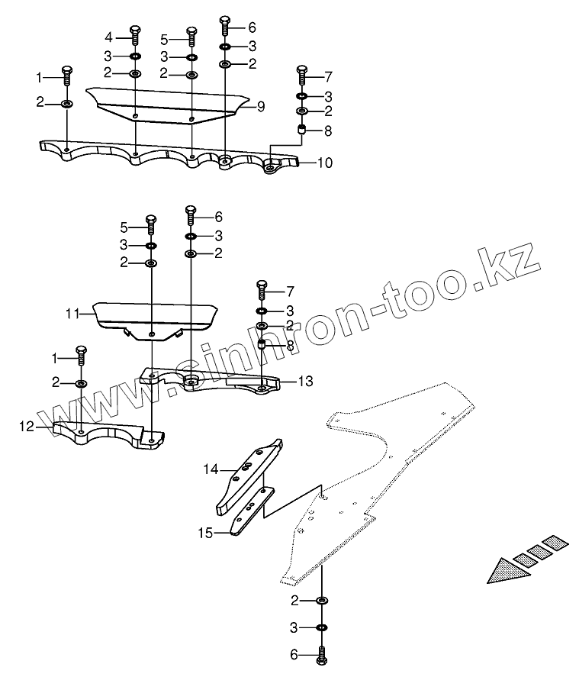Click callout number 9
260,107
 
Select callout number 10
326,163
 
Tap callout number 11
72,313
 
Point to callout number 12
27,427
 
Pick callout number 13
305,381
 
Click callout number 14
211,469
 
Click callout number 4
108,37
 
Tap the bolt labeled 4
135,35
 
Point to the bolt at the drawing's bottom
320,654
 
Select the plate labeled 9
168,103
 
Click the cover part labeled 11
153,315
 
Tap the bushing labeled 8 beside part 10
301,132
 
